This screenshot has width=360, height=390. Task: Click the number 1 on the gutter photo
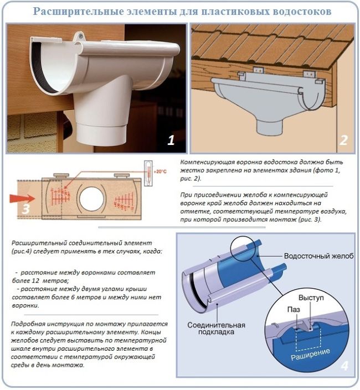coord(171,140)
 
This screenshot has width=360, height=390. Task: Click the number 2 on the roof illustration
coord(343,140)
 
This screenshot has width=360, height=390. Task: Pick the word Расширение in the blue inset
coord(310,352)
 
